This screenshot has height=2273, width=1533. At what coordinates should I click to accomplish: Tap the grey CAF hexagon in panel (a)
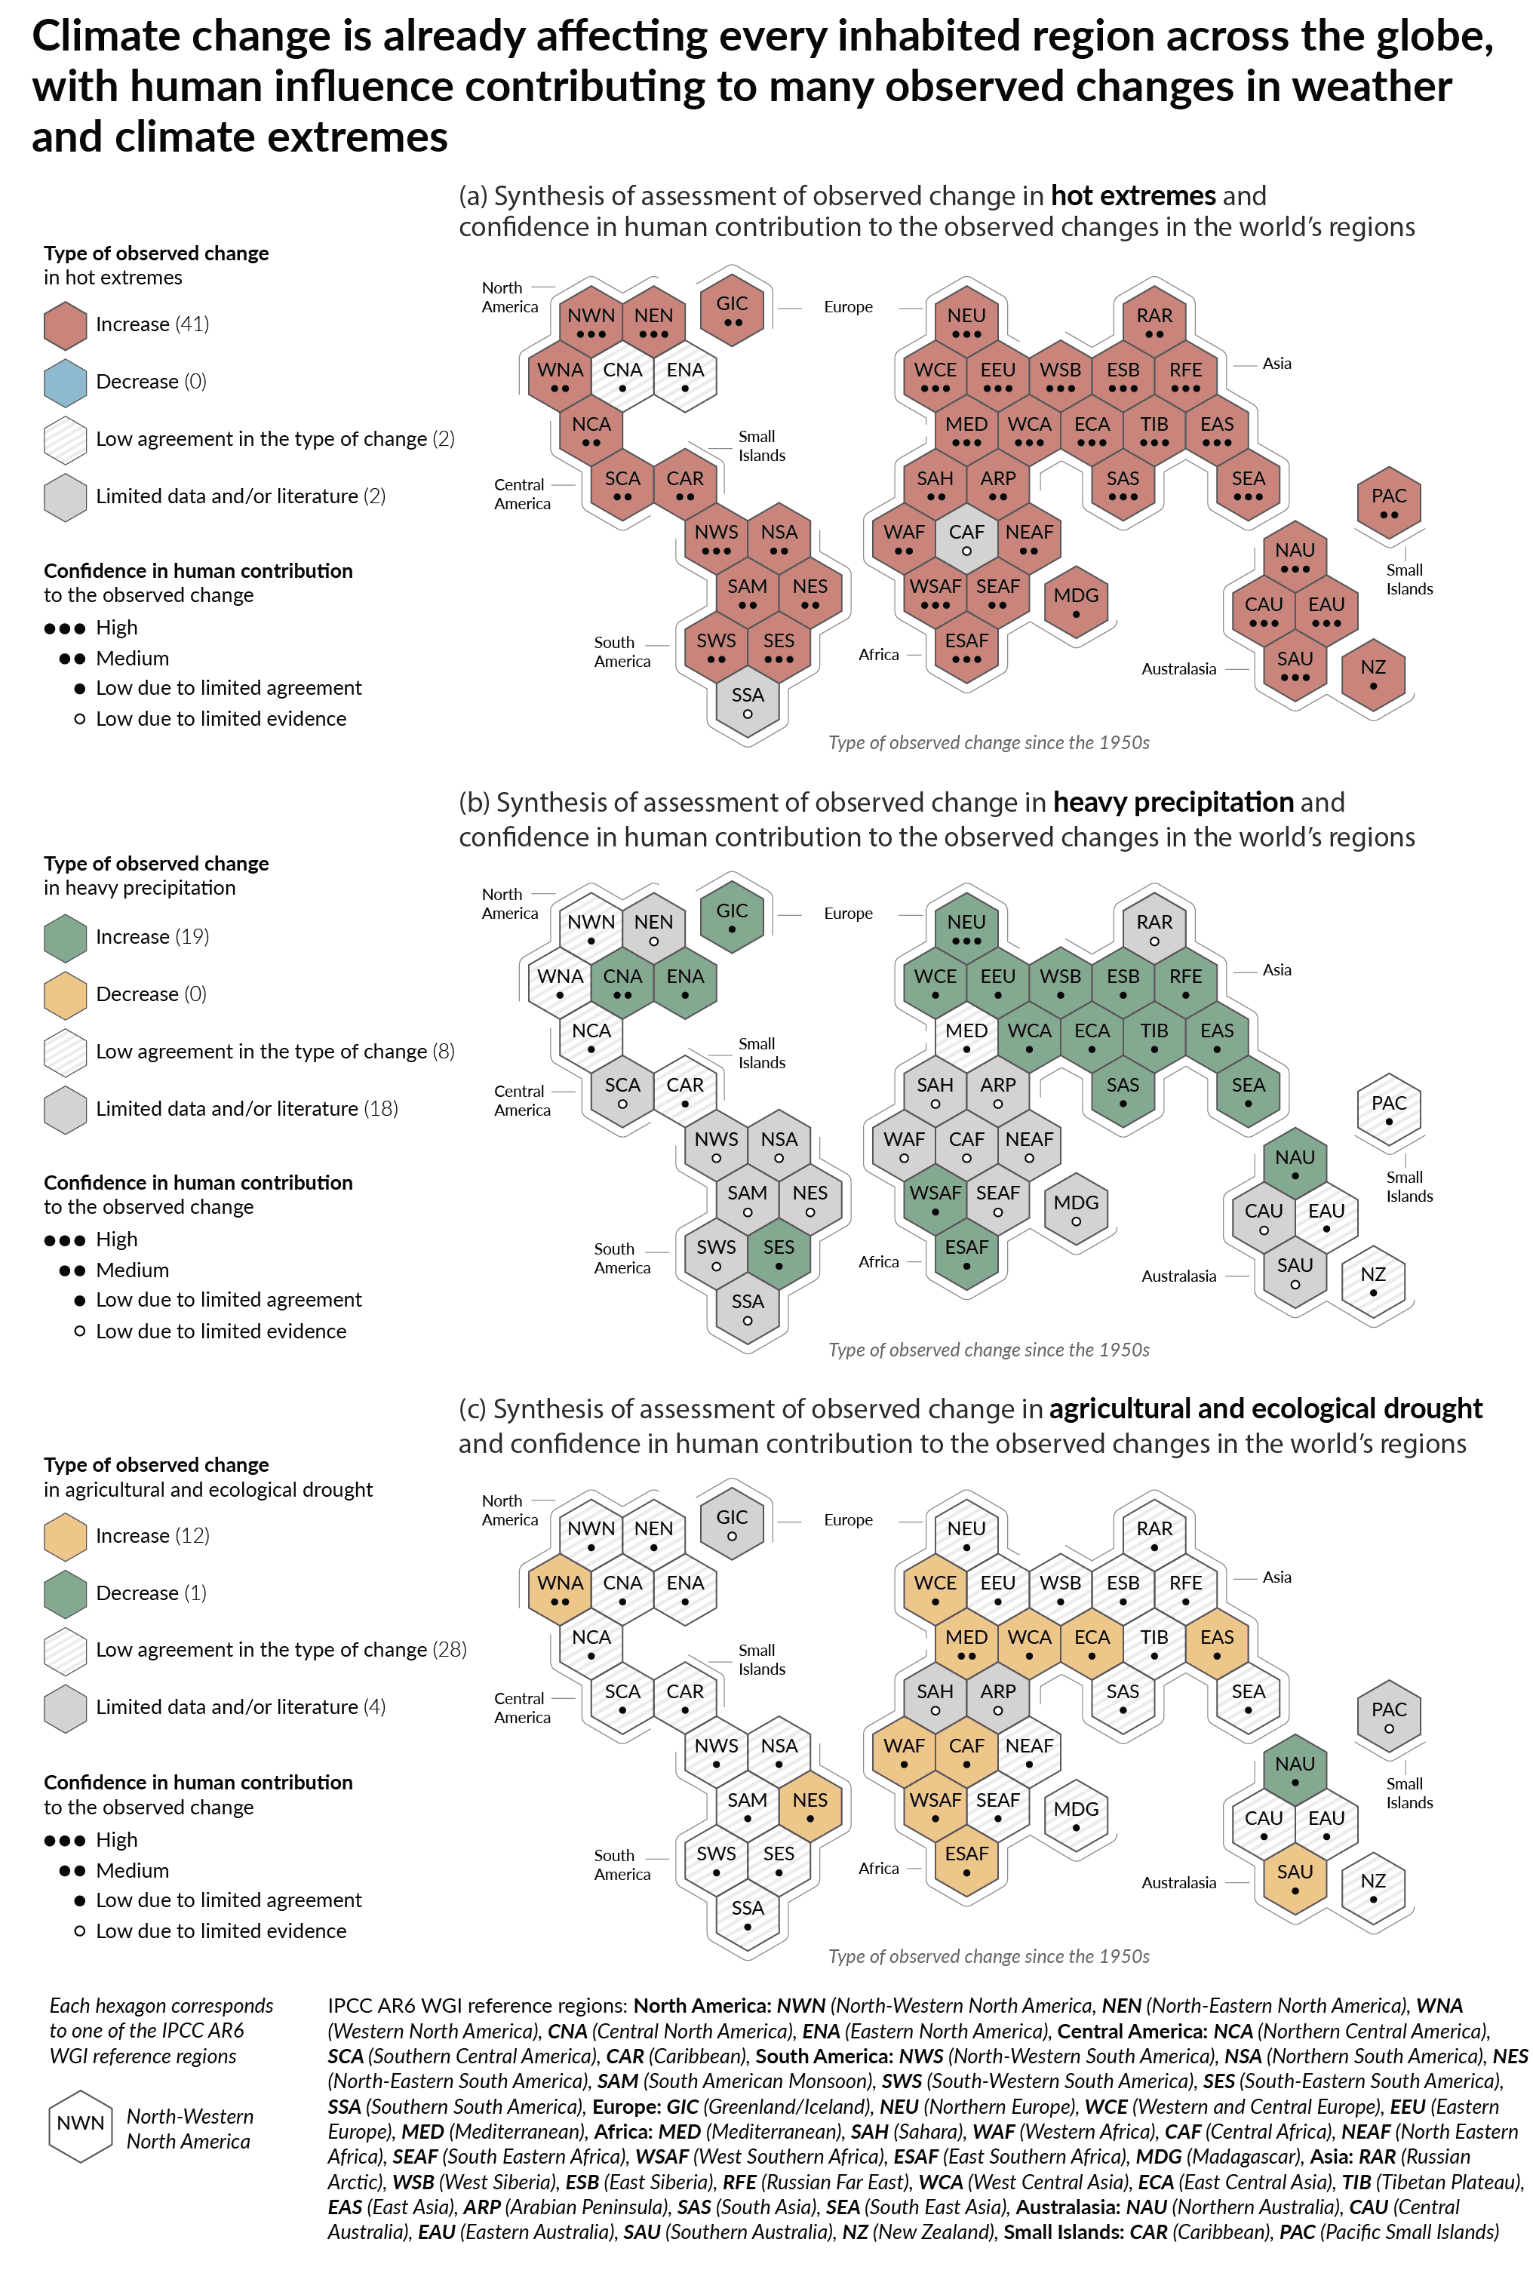pyautogui.click(x=966, y=539)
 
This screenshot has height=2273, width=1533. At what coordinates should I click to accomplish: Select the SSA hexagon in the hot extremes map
pyautogui.click(x=747, y=701)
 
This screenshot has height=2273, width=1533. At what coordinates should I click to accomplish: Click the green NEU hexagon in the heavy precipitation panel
pyautogui.click(x=966, y=928)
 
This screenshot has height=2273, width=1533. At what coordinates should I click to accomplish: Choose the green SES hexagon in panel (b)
pyautogui.click(x=779, y=1253)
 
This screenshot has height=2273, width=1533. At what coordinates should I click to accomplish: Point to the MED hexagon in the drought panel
pyautogui.click(x=966, y=1643)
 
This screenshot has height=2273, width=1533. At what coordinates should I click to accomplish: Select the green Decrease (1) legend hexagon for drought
pyautogui.click(x=66, y=1593)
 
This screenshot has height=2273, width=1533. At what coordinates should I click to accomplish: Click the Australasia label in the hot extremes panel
pyautogui.click(x=1178, y=668)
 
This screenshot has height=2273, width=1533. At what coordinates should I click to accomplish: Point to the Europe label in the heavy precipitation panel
pyautogui.click(x=848, y=913)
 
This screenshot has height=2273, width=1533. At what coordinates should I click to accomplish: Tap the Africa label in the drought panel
pyautogui.click(x=878, y=1867)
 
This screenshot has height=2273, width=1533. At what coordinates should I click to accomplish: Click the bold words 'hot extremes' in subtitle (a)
pyautogui.click(x=1132, y=196)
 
